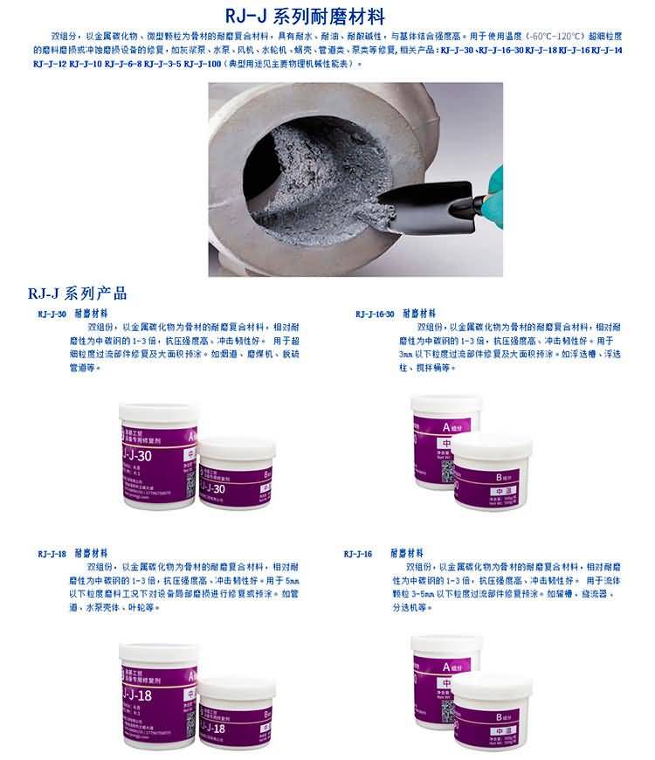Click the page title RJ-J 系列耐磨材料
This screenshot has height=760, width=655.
click(x=327, y=16)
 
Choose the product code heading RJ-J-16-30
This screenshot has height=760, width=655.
click(x=375, y=314)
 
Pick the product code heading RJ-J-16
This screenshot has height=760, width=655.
click(x=358, y=554)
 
